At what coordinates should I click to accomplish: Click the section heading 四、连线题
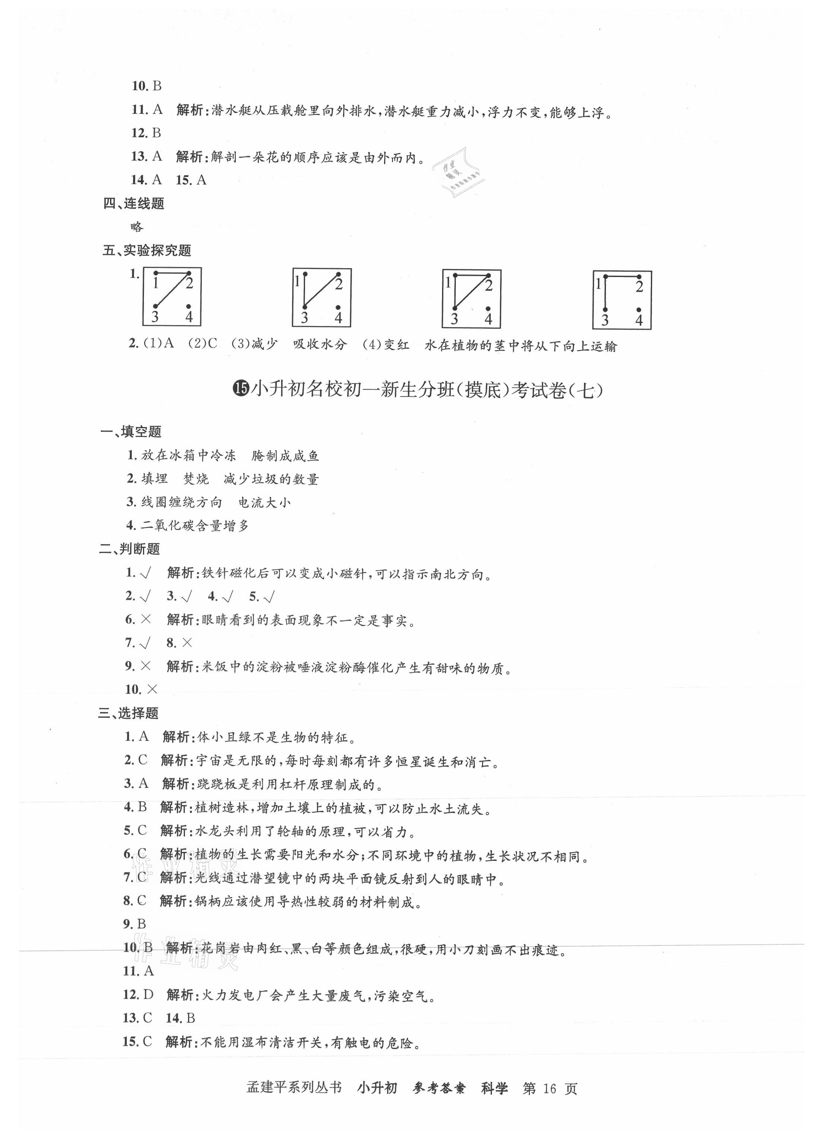pyautogui.click(x=134, y=203)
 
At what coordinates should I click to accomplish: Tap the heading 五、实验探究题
pyautogui.click(x=147, y=250)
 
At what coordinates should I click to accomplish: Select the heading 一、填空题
pyautogui.click(x=131, y=432)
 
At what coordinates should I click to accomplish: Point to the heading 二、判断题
pyautogui.click(x=130, y=549)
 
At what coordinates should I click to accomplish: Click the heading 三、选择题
pyautogui.click(x=128, y=713)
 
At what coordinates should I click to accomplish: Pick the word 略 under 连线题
pyautogui.click(x=137, y=227)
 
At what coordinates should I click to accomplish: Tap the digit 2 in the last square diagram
pyautogui.click(x=639, y=287)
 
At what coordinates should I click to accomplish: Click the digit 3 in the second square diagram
pyautogui.click(x=304, y=318)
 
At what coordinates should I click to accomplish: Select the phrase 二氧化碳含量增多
pyautogui.click(x=195, y=525)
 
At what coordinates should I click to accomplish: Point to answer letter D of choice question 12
pyautogui.click(x=148, y=995)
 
